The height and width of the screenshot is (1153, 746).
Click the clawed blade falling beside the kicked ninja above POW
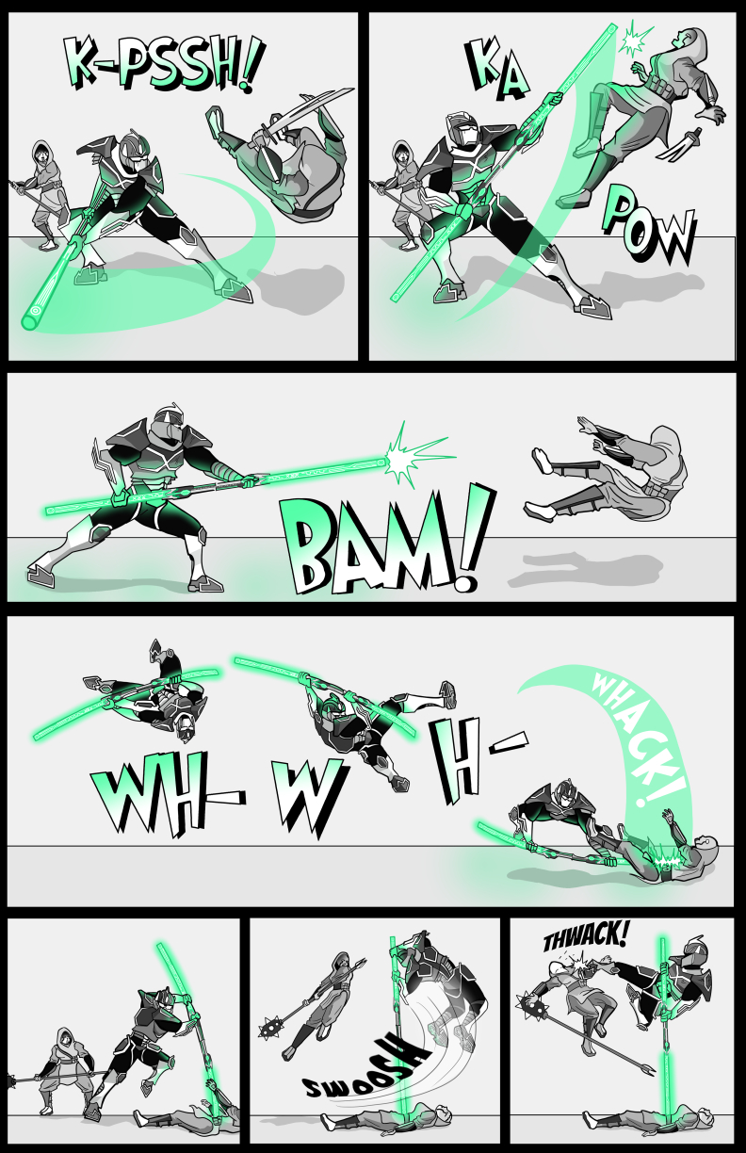[679, 144]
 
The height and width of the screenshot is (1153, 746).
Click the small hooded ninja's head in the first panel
[42, 153]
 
